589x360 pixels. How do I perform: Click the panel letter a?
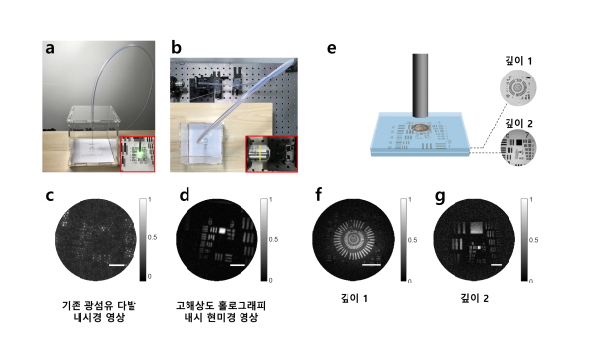click(x=50, y=49)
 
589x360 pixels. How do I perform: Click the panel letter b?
click(x=176, y=48)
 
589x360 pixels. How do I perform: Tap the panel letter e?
click(x=332, y=48)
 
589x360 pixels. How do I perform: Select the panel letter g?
click(x=440, y=197)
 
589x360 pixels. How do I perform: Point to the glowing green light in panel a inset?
click(x=140, y=154)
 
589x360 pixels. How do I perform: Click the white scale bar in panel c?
click(x=117, y=265)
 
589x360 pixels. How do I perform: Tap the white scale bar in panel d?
click(x=237, y=265)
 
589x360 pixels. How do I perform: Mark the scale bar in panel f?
click(x=372, y=265)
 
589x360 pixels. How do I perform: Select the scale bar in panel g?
click(x=496, y=265)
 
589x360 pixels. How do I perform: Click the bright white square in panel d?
click(x=222, y=231)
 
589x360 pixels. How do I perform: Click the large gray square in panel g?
click(x=477, y=228)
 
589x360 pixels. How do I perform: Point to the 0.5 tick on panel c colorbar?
click(x=152, y=237)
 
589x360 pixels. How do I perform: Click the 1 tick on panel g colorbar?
click(x=531, y=200)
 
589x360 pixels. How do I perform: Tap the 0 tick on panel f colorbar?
click(x=409, y=281)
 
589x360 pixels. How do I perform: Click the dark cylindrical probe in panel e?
click(x=420, y=85)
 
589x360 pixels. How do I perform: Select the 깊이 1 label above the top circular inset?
click(x=518, y=61)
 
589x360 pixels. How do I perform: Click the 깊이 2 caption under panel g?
click(x=475, y=298)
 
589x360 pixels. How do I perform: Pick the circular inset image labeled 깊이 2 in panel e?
click(x=518, y=147)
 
